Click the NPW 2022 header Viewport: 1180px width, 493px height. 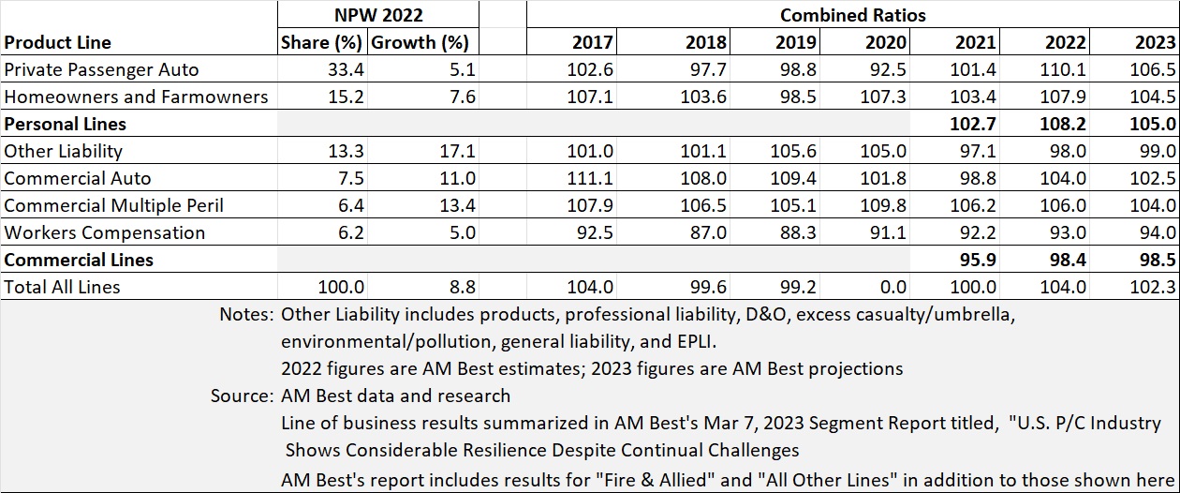(x=378, y=15)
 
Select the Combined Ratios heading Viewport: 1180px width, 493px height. (x=852, y=15)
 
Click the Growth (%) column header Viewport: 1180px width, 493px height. (x=420, y=42)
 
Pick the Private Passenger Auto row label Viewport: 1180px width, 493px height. (x=101, y=69)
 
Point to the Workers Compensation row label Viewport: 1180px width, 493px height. (x=104, y=232)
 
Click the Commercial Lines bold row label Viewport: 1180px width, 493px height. (x=79, y=260)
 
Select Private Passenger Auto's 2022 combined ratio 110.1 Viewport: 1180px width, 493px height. (x=1065, y=69)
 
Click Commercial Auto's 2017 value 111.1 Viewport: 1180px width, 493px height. (x=591, y=178)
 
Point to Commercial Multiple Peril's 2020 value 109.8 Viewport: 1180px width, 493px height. (x=885, y=205)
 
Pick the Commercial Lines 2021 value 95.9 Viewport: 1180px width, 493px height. (x=975, y=260)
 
